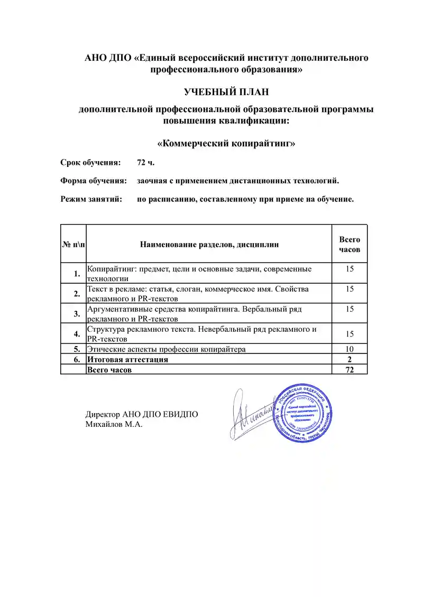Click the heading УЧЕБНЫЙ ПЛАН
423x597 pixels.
tap(226, 92)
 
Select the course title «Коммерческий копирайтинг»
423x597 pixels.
tap(226, 143)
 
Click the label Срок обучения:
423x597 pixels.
tap(90, 162)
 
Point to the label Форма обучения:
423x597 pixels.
tap(94, 181)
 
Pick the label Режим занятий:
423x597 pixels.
tap(91, 199)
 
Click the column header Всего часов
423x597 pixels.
tap(349, 244)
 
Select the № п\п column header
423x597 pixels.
tap(73, 244)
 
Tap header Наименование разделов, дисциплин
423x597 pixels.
tap(209, 244)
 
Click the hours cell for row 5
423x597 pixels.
tap(349, 349)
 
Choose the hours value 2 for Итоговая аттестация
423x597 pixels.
tap(349, 359)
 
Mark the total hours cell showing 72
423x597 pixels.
tap(349, 370)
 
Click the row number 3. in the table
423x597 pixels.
tap(77, 313)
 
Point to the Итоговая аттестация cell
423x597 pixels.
tap(128, 359)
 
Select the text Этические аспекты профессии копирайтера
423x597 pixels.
tap(166, 349)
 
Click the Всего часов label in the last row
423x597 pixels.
tap(109, 370)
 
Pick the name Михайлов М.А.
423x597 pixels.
tap(114, 424)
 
